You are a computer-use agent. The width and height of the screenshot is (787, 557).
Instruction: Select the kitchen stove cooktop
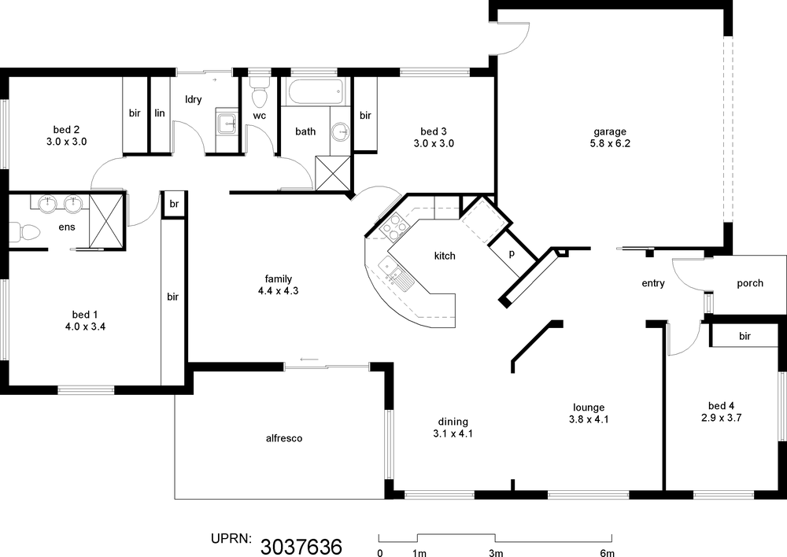click(393, 225)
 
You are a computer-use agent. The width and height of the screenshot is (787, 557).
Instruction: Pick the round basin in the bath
click(341, 132)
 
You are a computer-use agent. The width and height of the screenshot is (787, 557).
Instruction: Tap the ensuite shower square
click(106, 221)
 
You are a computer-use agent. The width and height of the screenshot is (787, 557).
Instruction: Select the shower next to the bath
click(332, 173)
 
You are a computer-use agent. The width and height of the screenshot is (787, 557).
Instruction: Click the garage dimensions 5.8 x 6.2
click(610, 143)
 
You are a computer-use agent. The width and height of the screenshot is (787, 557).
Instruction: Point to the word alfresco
click(284, 438)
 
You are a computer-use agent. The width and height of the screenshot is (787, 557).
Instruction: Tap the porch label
click(750, 283)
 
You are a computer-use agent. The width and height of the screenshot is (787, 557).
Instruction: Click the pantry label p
click(512, 254)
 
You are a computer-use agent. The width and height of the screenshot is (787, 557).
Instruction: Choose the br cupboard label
click(174, 204)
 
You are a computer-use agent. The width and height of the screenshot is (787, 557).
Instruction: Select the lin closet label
click(160, 113)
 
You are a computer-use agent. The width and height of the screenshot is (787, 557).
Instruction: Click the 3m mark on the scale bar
click(495, 553)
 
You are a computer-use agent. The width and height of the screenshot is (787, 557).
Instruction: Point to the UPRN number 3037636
click(301, 546)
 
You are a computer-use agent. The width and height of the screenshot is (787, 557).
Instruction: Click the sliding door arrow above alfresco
click(309, 360)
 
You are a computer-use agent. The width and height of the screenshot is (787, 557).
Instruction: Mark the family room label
click(279, 278)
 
